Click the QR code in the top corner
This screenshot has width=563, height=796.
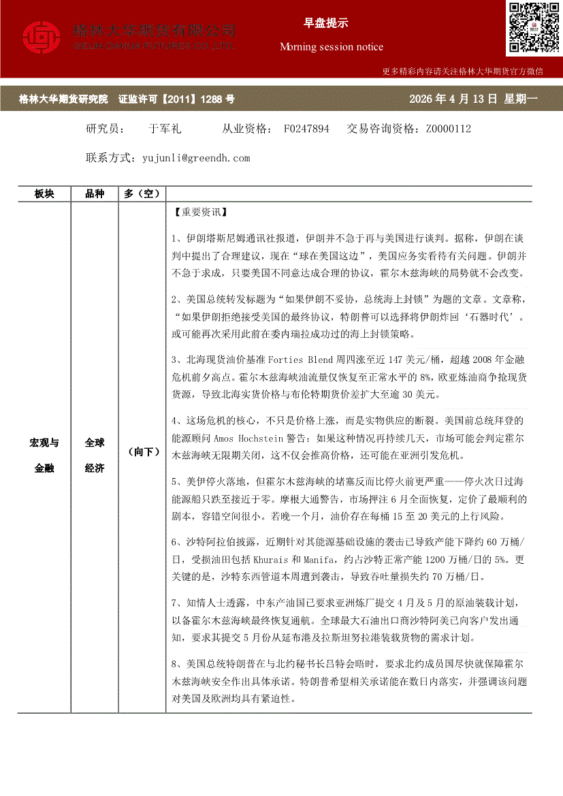532,27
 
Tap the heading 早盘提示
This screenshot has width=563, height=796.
325,23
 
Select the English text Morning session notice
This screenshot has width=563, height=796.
332,47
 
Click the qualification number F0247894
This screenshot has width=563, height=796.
306,129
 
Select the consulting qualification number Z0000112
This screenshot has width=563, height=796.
448,129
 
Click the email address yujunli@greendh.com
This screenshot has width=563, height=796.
196,158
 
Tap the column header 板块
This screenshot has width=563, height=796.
44,194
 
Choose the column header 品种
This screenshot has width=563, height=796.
95,194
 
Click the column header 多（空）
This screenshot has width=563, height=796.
142,194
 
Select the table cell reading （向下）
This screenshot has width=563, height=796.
142,452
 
